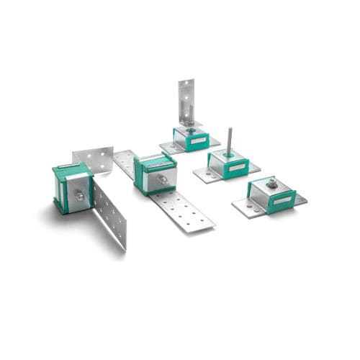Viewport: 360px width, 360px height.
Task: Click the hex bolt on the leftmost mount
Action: (x=80, y=196)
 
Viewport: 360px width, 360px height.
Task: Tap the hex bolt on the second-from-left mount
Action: (x=164, y=179)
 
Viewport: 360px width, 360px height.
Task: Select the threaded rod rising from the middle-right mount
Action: (x=228, y=140)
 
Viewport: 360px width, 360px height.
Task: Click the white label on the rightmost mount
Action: (x=282, y=199)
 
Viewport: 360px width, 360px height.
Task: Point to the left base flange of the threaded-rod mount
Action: (x=202, y=174)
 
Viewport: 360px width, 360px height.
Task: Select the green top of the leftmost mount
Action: (x=71, y=170)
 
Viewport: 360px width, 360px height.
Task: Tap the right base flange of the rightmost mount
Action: (x=300, y=199)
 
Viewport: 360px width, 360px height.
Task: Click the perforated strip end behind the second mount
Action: (x=124, y=162)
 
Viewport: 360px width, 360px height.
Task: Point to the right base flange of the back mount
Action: (x=214, y=140)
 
